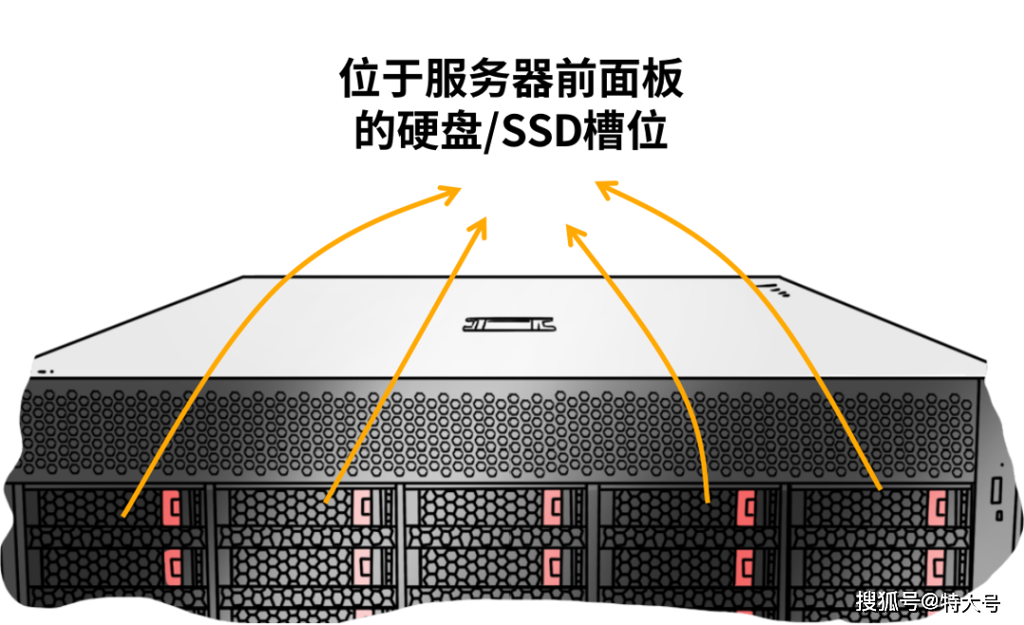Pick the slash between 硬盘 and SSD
point(490,133)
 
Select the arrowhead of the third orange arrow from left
point(573,230)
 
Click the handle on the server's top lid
point(507,323)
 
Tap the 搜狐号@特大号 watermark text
point(927,601)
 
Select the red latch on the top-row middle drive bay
point(552,508)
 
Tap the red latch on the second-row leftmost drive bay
point(173,565)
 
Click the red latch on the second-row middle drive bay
point(552,565)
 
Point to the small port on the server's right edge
point(998,489)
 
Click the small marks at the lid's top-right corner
point(779,289)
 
